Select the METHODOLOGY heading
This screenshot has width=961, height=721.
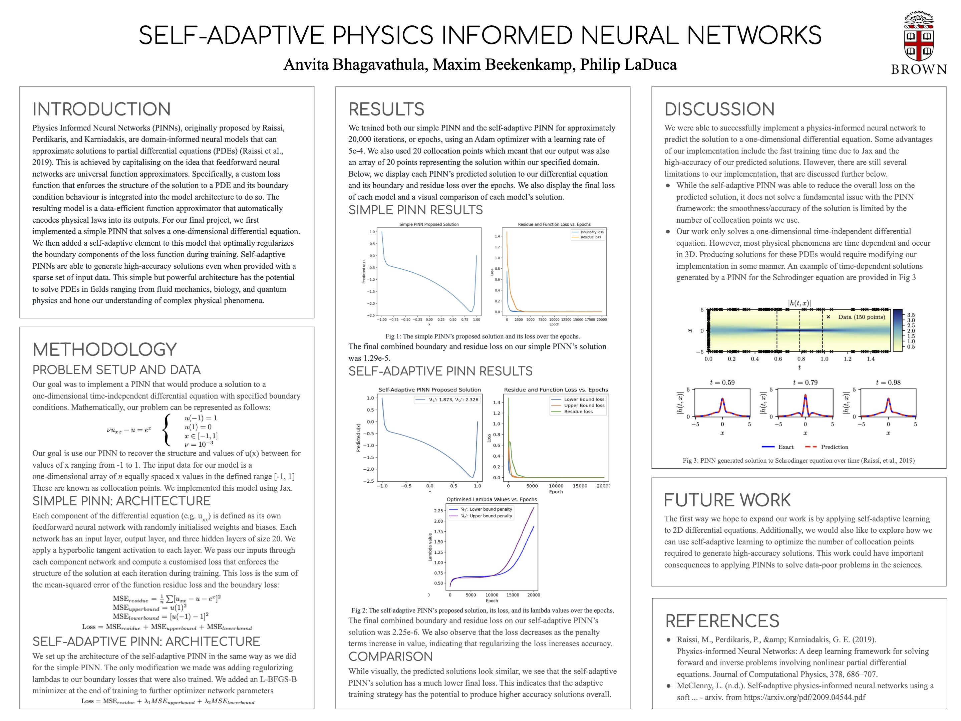click(x=105, y=349)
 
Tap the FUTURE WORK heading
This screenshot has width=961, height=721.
click(x=727, y=500)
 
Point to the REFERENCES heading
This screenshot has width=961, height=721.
click(x=722, y=621)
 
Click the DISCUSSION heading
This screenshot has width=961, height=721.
click(x=719, y=109)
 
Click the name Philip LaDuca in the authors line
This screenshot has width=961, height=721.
click(x=628, y=64)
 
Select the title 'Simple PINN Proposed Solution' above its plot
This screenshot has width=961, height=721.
click(x=429, y=224)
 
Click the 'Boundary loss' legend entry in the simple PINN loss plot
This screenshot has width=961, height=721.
click(x=592, y=232)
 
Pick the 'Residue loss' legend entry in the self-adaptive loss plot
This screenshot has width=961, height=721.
click(x=578, y=412)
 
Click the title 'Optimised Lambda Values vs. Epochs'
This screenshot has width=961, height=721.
click(x=492, y=499)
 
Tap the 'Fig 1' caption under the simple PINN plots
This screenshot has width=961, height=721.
click(x=482, y=336)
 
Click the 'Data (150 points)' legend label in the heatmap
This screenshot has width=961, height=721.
click(x=861, y=317)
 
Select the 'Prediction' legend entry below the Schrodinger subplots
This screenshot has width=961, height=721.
click(x=834, y=447)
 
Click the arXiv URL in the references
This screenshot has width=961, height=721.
click(x=804, y=697)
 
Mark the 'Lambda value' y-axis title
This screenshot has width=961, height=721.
click(x=430, y=547)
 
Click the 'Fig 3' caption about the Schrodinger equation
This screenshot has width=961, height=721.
click(x=798, y=460)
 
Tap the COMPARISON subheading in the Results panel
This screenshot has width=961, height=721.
click(x=390, y=656)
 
